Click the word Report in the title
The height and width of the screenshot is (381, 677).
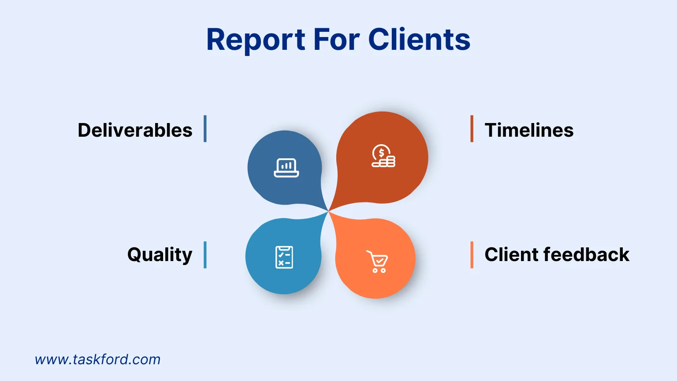coord(255,40)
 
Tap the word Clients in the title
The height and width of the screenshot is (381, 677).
coord(419,39)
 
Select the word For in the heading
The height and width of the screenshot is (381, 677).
coord(336,39)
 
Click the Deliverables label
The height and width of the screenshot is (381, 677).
coord(135,130)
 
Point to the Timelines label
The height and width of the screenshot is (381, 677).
coord(529,130)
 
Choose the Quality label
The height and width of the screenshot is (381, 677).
coord(160,255)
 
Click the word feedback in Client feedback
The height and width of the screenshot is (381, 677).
coord(586,254)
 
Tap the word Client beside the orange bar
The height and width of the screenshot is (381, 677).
coord(511,254)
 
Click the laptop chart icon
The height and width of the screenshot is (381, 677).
coord(286,168)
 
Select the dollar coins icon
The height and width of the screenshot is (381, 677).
coord(383,156)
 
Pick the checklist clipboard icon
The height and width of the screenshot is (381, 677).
coord(284,257)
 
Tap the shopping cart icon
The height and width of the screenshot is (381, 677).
coord(377,261)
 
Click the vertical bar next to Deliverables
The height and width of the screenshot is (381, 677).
coord(205,129)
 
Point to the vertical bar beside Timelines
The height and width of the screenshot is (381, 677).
coord(472,129)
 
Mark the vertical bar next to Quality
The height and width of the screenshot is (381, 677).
coord(205,255)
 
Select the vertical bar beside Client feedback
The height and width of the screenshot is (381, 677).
coord(472,255)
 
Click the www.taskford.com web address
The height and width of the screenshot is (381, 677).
coord(97,359)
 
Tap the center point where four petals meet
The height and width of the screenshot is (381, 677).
coord(328,212)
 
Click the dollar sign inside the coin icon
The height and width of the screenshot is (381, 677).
coord(381,153)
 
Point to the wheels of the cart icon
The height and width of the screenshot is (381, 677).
coord(379,270)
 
